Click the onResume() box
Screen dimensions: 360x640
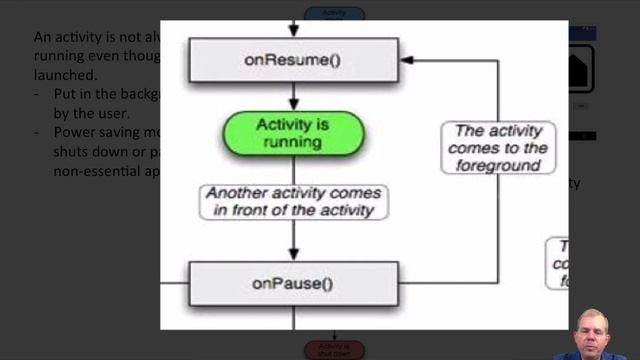pyautogui.click(x=292, y=60)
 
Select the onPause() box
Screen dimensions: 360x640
pyautogui.click(x=292, y=283)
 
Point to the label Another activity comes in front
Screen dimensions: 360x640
pyautogui.click(x=293, y=201)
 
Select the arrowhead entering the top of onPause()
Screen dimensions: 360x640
pyautogui.click(x=294, y=254)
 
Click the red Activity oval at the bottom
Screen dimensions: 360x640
pyautogui.click(x=334, y=349)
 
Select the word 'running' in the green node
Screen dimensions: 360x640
pyautogui.click(x=291, y=142)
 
